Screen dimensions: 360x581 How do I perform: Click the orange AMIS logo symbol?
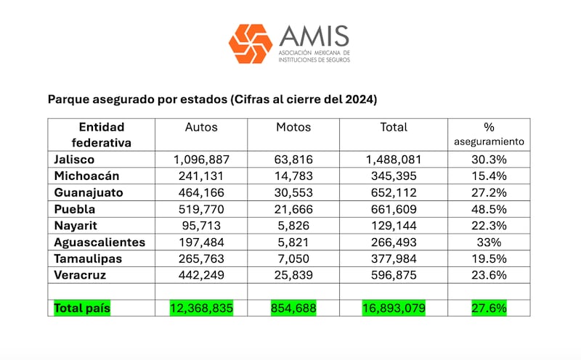[251, 44]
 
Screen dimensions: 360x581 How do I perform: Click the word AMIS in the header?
[314, 36]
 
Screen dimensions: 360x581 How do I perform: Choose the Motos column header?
[293, 127]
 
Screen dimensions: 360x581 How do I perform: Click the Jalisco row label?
[73, 158]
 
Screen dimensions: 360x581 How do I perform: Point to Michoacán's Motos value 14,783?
[293, 175]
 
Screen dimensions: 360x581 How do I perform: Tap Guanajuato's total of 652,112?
[394, 192]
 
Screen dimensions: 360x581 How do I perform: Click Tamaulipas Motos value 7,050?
[293, 259]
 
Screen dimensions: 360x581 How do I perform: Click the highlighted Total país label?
[81, 308]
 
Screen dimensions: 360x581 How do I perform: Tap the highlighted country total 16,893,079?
[394, 308]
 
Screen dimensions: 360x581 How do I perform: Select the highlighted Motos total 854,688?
[293, 308]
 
